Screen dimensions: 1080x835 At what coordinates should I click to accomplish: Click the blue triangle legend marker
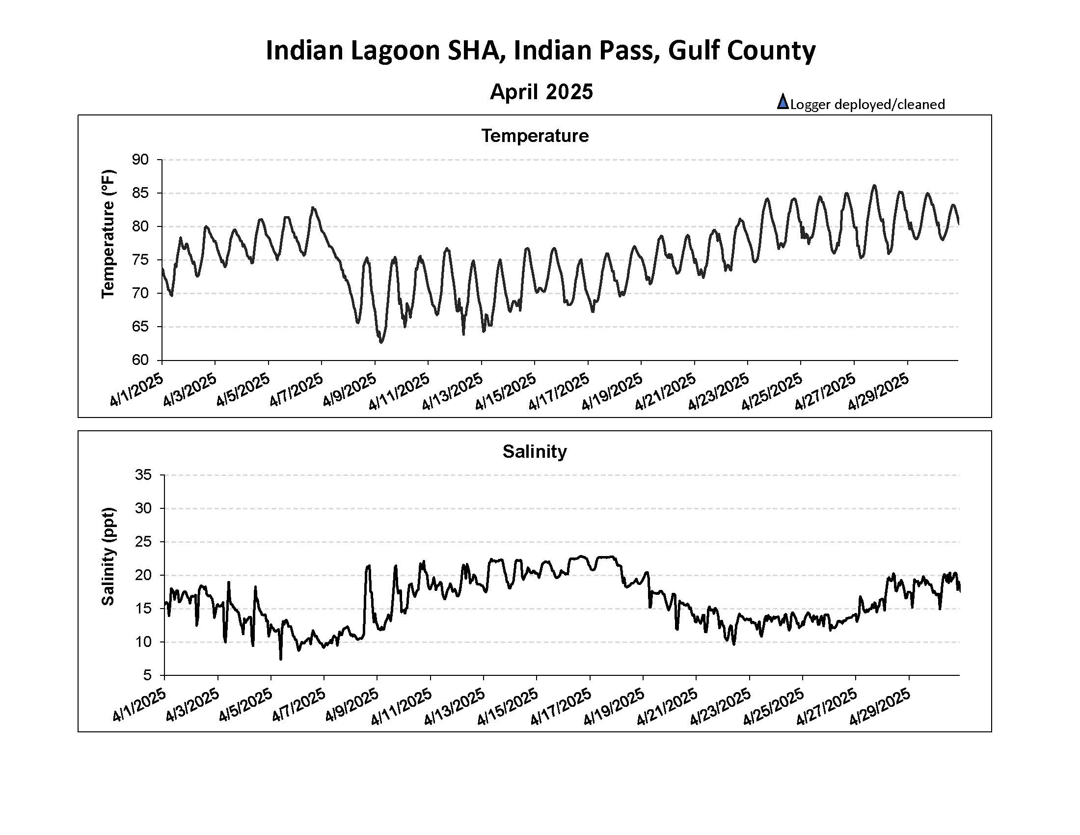click(x=783, y=102)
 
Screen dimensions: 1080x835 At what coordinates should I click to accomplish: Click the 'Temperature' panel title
click(x=535, y=136)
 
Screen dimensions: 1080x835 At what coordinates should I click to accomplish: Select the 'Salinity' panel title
click(x=535, y=451)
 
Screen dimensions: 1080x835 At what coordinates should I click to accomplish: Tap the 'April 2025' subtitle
click(x=541, y=91)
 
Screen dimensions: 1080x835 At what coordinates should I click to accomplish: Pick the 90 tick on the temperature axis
click(x=140, y=159)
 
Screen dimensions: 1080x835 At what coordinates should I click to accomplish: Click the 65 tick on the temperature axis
click(x=140, y=327)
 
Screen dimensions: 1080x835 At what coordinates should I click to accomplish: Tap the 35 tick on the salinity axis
click(x=143, y=475)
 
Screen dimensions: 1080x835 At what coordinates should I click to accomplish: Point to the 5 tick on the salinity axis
click(x=147, y=675)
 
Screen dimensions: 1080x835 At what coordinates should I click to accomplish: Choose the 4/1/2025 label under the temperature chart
click(x=136, y=391)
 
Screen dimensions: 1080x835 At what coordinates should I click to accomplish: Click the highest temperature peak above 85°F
click(x=874, y=186)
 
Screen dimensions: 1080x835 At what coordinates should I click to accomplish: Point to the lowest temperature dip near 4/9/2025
click(x=381, y=342)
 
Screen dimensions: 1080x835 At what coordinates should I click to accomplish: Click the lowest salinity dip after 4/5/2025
click(x=281, y=659)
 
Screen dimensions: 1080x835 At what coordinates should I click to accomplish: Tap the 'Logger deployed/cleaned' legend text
click(x=868, y=104)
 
